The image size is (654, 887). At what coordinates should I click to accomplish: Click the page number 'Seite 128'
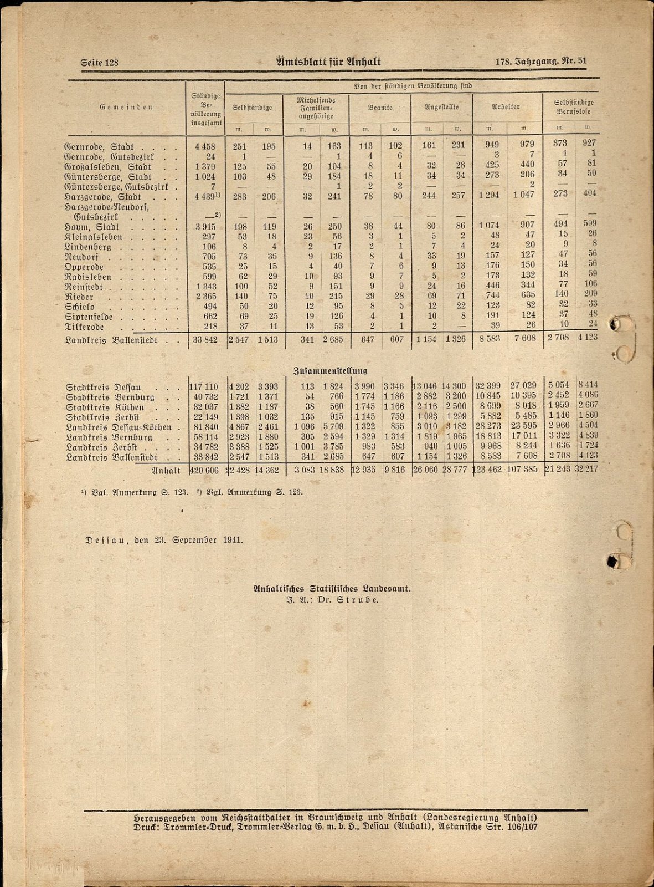click(x=100, y=63)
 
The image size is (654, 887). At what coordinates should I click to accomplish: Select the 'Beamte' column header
click(x=380, y=108)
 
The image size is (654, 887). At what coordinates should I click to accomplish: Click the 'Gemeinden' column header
click(x=126, y=107)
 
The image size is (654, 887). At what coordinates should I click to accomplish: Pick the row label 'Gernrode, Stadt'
click(x=99, y=147)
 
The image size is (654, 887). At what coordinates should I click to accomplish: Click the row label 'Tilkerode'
click(x=85, y=327)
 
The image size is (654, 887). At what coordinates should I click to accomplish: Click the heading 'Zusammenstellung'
click(x=329, y=370)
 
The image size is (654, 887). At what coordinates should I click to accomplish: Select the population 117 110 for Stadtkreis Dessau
click(x=205, y=386)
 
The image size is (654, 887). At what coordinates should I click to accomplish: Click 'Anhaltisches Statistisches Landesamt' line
click(x=331, y=590)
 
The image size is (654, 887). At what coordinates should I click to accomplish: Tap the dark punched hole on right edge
click(x=613, y=562)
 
